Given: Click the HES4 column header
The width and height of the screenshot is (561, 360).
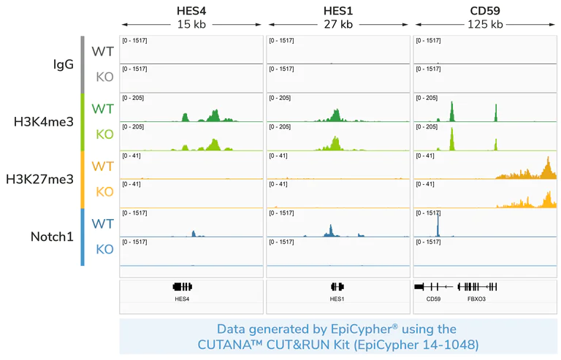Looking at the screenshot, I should click(x=191, y=11).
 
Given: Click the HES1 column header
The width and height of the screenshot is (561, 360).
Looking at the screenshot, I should click(x=337, y=11).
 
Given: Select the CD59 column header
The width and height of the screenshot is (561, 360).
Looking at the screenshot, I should click(x=485, y=11).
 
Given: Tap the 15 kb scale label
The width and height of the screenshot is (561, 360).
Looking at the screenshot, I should click(x=191, y=24).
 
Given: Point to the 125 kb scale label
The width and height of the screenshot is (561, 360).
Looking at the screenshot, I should click(x=485, y=24).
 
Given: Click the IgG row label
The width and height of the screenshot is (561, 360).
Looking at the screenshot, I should click(x=64, y=64).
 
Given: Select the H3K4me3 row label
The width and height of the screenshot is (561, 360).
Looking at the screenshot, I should click(x=44, y=122).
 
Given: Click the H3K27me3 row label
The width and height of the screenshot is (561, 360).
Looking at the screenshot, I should click(x=39, y=179).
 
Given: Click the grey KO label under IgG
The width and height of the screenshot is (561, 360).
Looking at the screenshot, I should click(x=104, y=77).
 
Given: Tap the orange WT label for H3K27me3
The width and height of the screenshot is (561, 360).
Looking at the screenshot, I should click(x=102, y=166).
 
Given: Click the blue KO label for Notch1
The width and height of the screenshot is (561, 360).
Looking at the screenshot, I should click(x=104, y=250).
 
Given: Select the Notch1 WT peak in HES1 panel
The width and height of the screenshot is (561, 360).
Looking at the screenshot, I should click(x=330, y=231).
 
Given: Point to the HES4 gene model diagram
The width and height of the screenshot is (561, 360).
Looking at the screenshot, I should click(x=182, y=287).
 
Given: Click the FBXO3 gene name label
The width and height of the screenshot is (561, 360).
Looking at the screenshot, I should click(x=476, y=299).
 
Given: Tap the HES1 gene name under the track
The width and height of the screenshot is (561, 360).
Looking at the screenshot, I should click(x=337, y=299).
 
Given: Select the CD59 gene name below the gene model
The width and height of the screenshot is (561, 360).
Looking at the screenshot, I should click(x=433, y=299).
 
